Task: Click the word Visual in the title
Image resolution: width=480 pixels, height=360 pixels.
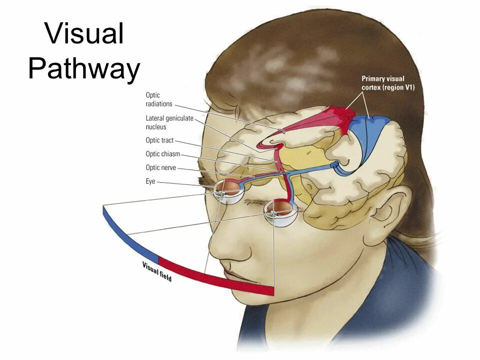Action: pos(84,34)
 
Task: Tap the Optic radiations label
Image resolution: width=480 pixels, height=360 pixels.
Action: pos(159,99)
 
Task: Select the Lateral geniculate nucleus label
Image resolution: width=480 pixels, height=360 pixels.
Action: pos(169,122)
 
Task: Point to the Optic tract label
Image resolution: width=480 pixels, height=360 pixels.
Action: pos(159,140)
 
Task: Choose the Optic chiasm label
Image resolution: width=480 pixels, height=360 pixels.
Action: pos(162,154)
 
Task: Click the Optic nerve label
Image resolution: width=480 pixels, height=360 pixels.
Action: pos(160,168)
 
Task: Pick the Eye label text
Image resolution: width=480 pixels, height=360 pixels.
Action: pos(150,181)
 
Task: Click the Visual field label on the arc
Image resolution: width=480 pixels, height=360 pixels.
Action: pos(157,271)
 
